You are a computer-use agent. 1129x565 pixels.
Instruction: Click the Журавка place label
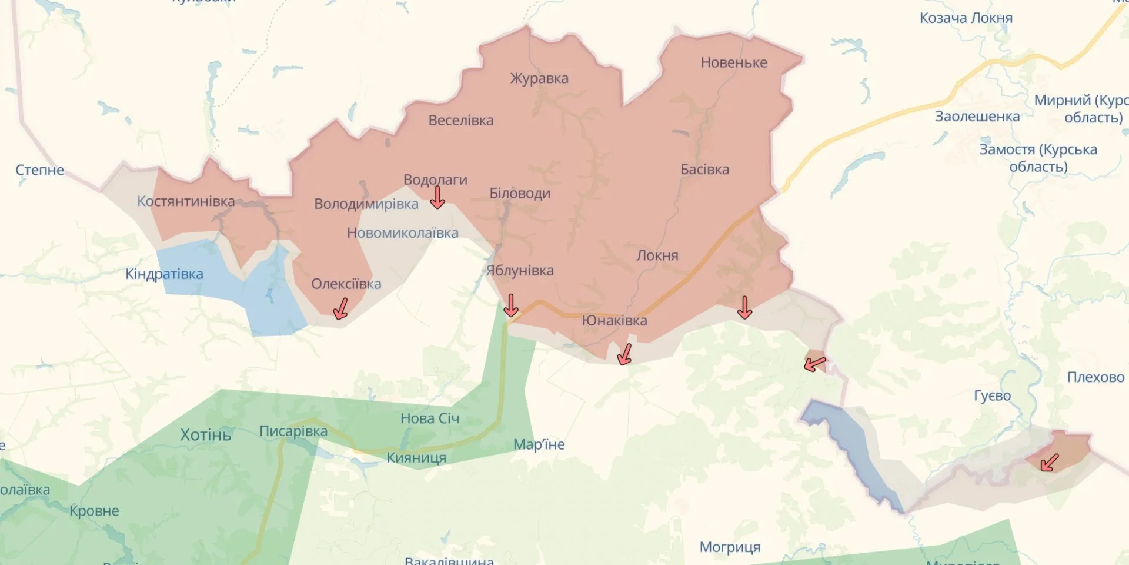click(x=539, y=78)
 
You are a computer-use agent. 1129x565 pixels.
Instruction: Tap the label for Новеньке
click(x=733, y=62)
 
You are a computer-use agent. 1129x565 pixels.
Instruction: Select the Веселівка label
click(x=460, y=121)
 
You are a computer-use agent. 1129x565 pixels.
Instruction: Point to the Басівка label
click(x=704, y=169)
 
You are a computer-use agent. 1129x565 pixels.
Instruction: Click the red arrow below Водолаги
click(x=437, y=198)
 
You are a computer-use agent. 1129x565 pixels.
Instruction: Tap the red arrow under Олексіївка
click(x=340, y=308)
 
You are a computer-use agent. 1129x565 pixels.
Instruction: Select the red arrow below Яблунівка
click(x=511, y=305)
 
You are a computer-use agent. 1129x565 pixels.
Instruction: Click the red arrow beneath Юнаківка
click(x=624, y=354)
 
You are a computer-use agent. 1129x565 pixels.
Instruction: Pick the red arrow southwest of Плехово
click(x=1049, y=463)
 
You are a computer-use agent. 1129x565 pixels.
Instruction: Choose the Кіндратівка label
click(x=164, y=274)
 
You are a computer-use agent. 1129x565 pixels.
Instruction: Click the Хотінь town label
click(x=205, y=435)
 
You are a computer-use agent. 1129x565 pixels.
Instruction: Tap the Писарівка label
click(x=293, y=431)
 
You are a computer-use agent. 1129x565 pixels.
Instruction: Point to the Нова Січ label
click(x=429, y=418)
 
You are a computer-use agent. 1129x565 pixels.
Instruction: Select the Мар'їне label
click(x=539, y=444)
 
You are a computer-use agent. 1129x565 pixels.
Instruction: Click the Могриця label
click(x=729, y=547)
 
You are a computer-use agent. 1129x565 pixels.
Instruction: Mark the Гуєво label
click(x=992, y=396)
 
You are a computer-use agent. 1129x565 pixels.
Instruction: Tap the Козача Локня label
click(x=966, y=18)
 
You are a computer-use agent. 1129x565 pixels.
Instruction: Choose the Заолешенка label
click(x=977, y=117)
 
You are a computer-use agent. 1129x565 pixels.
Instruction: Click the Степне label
click(x=39, y=170)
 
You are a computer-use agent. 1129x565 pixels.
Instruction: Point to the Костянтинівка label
click(x=185, y=201)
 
